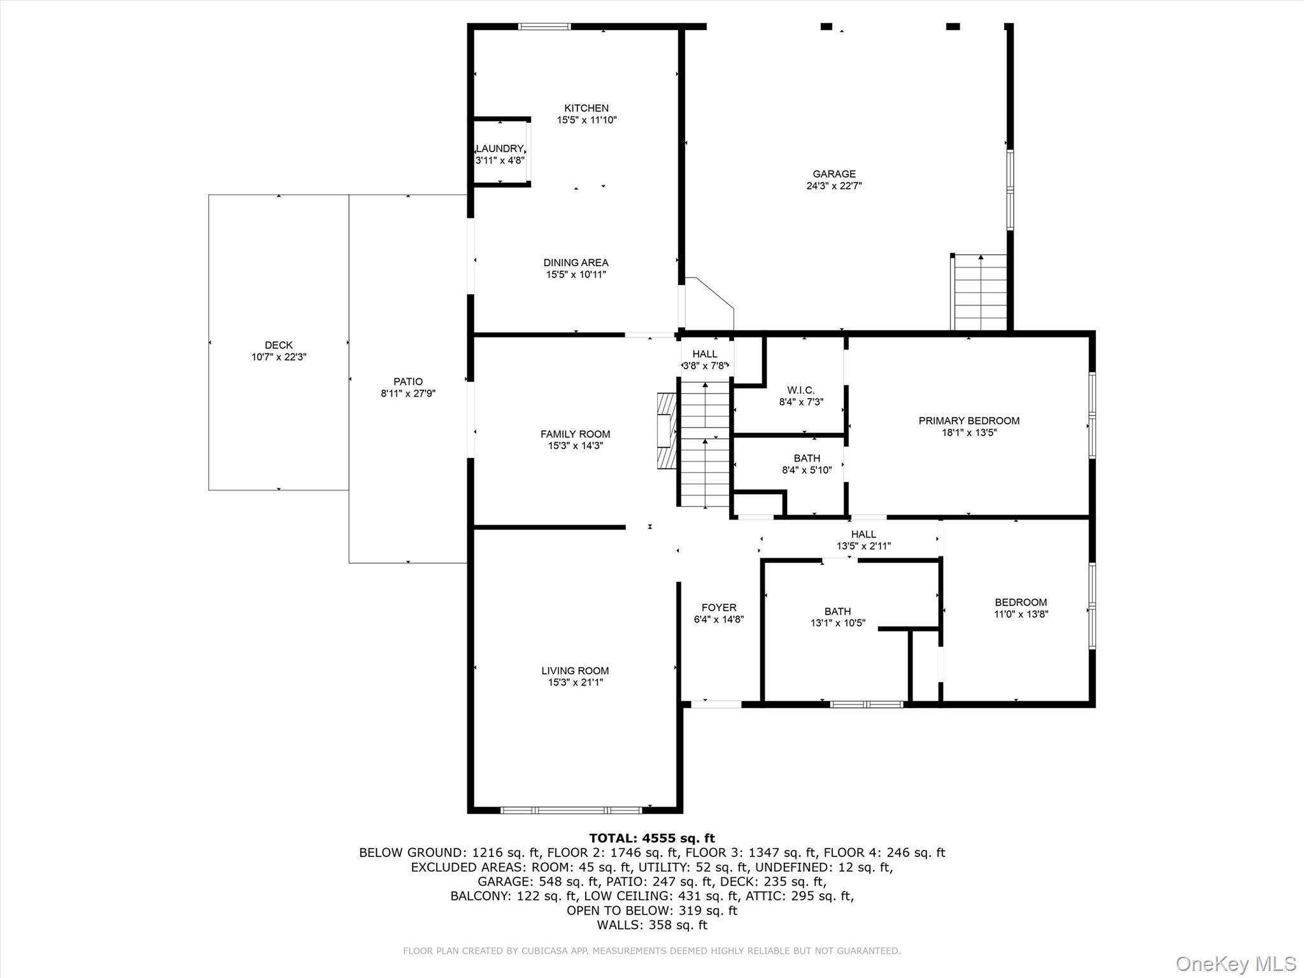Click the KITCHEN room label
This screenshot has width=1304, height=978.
(x=586, y=108)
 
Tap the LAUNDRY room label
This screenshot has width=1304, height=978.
(x=500, y=149)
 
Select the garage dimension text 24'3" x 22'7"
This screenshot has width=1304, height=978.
(x=833, y=186)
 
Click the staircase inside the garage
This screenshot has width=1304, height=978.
(x=980, y=292)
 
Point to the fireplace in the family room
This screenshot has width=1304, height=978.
(x=666, y=431)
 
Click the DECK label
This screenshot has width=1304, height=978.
(x=278, y=345)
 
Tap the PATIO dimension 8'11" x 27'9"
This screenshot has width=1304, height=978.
(x=407, y=393)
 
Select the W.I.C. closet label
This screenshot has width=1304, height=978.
(x=800, y=390)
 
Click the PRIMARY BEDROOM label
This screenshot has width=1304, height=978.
(x=968, y=421)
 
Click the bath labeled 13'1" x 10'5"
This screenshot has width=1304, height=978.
(x=837, y=617)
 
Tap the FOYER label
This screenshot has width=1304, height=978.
(x=719, y=607)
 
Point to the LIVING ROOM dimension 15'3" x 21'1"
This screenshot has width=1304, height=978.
(x=575, y=683)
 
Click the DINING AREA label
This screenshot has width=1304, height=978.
(x=576, y=262)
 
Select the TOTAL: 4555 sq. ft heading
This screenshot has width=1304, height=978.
(x=651, y=838)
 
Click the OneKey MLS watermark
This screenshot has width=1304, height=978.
(x=1235, y=963)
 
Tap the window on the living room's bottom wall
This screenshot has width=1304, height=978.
(x=570, y=810)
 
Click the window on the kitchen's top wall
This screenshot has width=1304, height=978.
(x=544, y=27)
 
